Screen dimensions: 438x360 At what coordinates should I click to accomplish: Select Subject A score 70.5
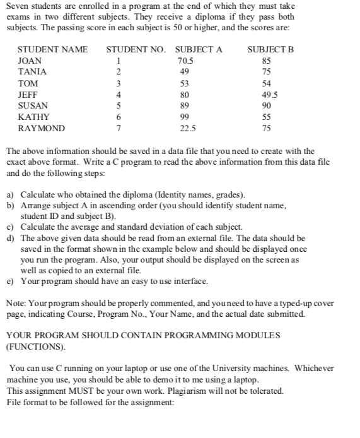[185, 61]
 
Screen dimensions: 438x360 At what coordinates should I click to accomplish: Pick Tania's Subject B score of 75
[266, 72]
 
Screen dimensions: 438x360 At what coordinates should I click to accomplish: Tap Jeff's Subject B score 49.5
[266, 95]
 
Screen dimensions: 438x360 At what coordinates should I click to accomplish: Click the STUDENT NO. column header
[137, 49]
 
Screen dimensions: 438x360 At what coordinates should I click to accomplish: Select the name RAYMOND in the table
[41, 129]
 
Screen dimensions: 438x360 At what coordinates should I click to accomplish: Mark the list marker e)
[11, 281]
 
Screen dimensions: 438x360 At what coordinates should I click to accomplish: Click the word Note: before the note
[16, 302]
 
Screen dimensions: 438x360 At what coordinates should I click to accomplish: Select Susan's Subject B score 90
[266, 106]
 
